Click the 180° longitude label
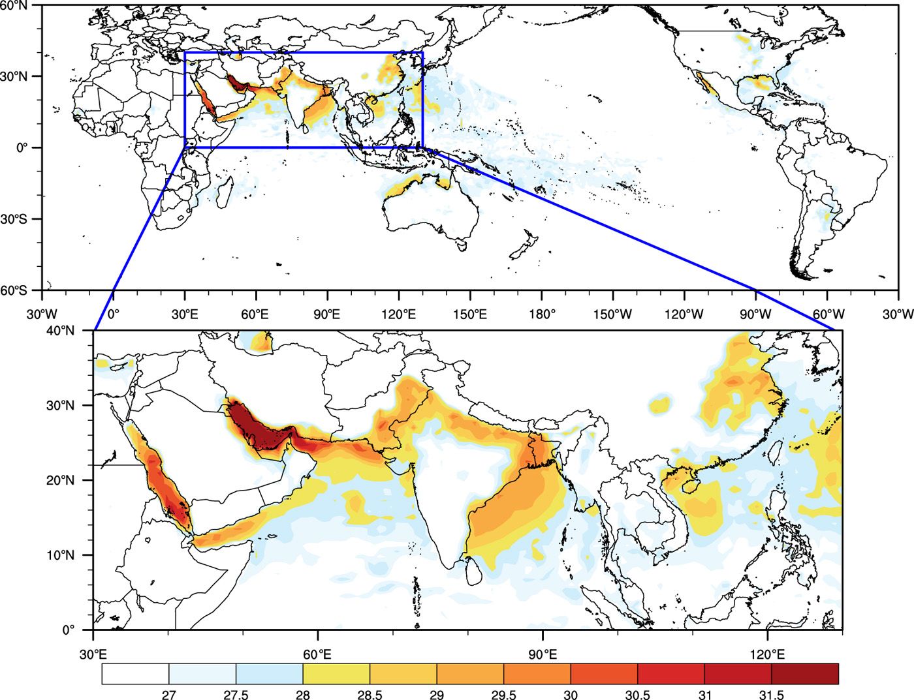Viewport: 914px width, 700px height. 542,314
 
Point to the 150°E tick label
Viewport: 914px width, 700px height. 470,314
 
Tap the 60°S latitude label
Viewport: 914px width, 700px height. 14,290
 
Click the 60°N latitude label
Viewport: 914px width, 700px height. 14,5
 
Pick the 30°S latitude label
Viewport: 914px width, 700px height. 14,219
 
